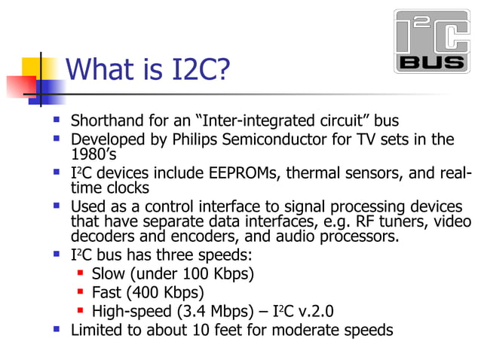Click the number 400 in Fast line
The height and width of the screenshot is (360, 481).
pyautogui.click(x=146, y=291)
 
